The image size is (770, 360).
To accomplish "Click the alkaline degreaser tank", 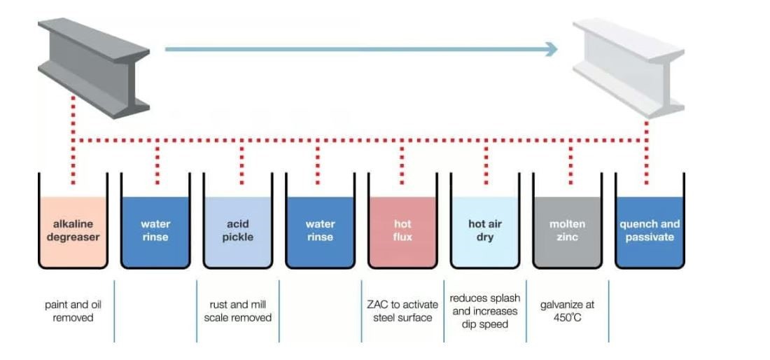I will [x=73, y=231].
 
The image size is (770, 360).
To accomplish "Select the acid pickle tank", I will [x=237, y=231].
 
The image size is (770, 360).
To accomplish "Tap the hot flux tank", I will [x=402, y=231].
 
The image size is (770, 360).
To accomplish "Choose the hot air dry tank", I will [x=485, y=231].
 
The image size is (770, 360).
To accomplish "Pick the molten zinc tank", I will [x=567, y=231].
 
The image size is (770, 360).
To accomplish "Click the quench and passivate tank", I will [x=650, y=231].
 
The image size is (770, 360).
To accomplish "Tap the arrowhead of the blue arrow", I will [x=552, y=49].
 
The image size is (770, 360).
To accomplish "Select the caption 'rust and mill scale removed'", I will [x=237, y=311].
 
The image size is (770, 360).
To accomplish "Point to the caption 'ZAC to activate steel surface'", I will [x=402, y=311].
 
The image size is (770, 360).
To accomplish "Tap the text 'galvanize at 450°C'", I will [x=567, y=311].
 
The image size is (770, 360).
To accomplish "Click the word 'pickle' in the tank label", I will [x=237, y=237].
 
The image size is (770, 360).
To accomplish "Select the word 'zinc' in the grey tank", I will [x=567, y=237].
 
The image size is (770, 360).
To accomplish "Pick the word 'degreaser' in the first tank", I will [x=73, y=237].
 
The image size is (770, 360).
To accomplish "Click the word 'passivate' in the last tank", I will [x=650, y=237].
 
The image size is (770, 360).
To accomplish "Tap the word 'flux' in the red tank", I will [x=402, y=237].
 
